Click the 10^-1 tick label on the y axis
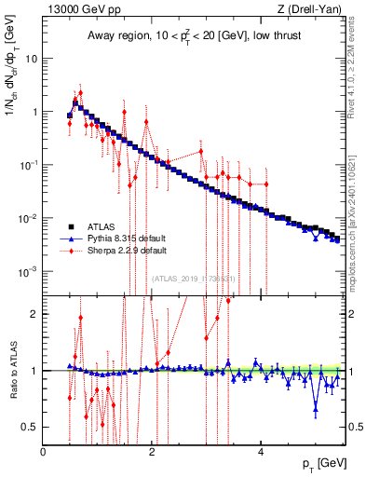[28, 165]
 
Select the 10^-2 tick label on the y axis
[28, 218]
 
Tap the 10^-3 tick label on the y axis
[28, 272]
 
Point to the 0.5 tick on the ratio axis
[32, 427]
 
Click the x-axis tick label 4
[260, 452]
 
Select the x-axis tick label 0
[44, 452]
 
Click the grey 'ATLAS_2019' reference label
[193, 279]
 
